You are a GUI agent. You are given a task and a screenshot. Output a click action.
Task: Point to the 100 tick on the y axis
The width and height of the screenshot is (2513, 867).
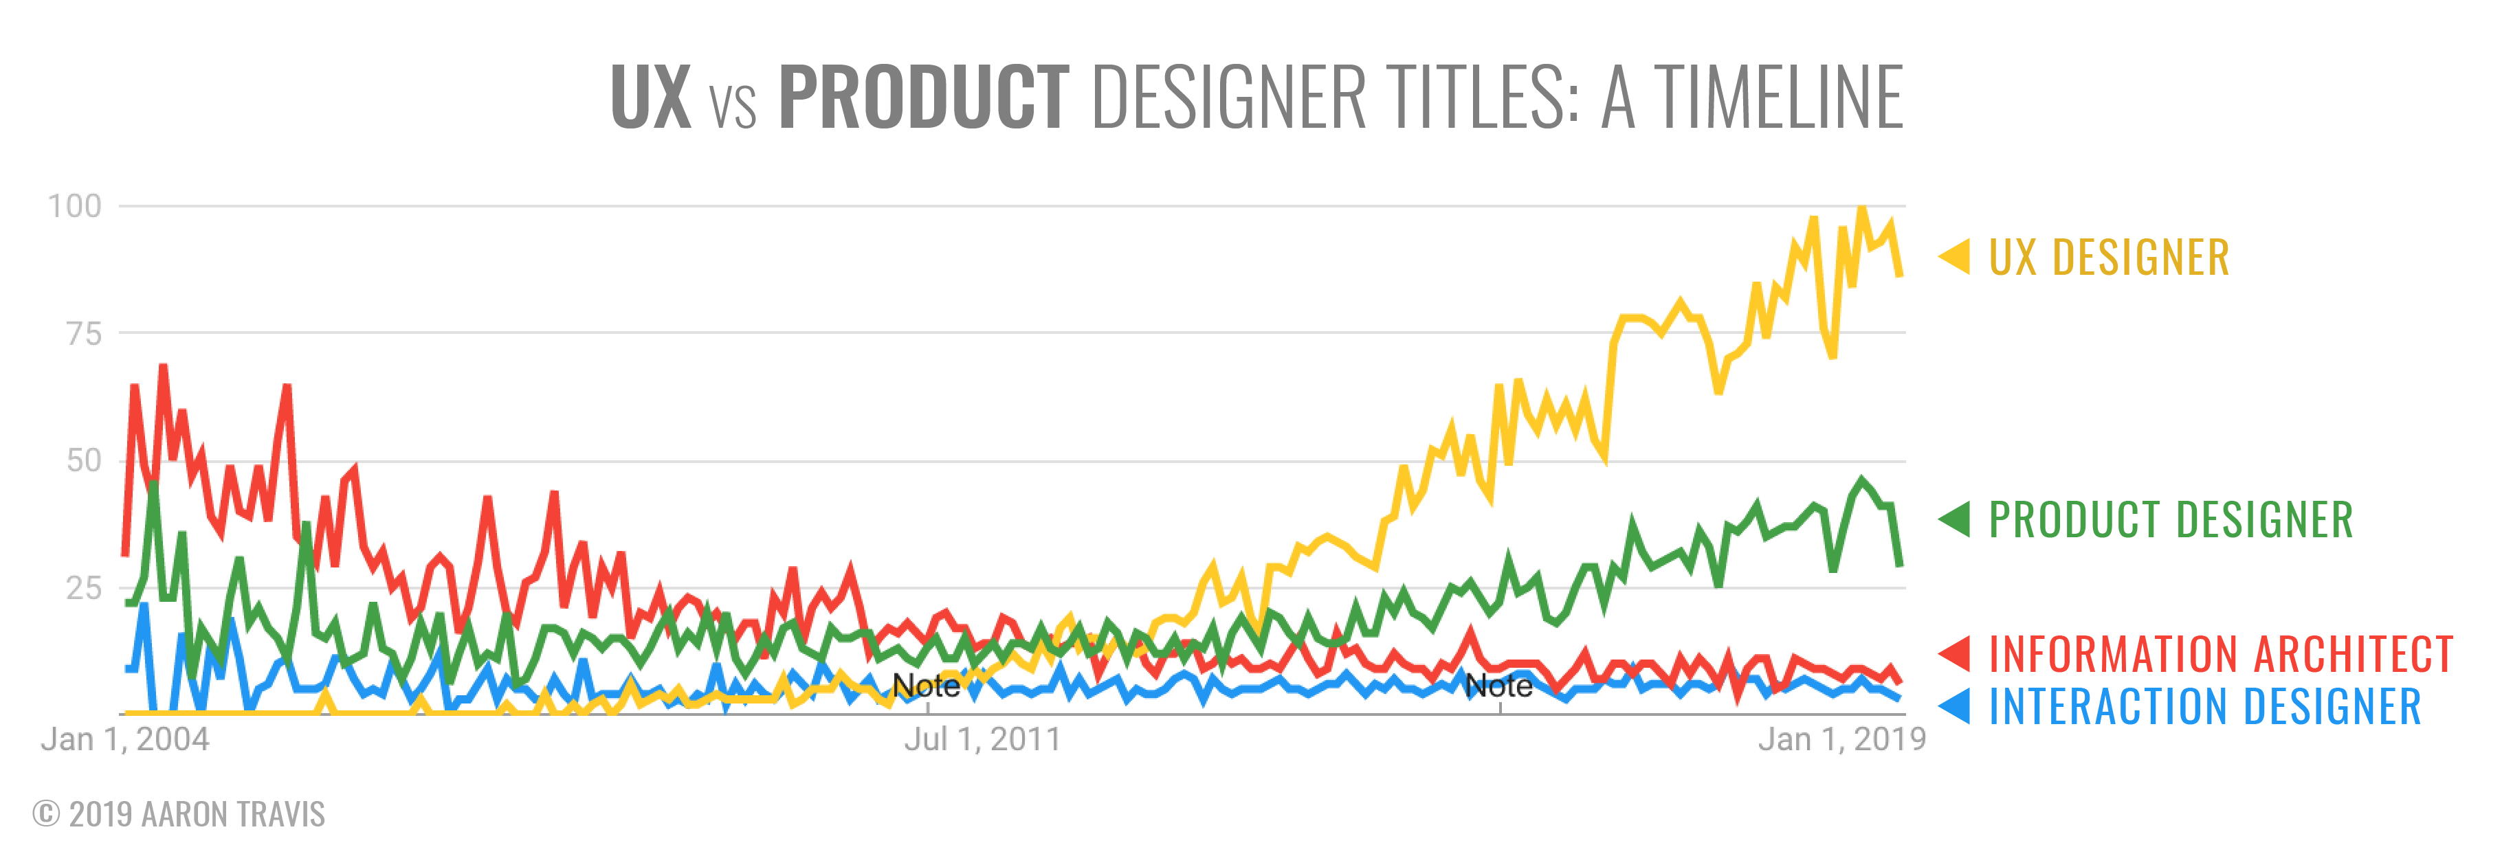coord(74,206)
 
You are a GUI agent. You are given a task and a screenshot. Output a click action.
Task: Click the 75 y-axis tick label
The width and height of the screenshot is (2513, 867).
coord(84,335)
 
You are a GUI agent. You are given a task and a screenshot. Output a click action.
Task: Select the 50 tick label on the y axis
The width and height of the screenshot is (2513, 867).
coord(84,460)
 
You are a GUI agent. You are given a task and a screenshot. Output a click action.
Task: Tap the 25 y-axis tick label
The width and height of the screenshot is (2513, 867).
coord(84,588)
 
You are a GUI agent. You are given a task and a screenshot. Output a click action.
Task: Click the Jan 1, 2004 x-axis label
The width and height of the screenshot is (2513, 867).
coord(125,739)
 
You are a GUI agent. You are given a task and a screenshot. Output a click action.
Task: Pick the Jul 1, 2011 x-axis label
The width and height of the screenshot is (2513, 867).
coord(982,739)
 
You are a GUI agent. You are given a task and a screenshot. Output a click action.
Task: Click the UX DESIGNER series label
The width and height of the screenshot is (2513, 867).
coord(2109,258)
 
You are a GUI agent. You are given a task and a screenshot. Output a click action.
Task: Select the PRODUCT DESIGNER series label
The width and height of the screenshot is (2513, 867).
coord(2171,520)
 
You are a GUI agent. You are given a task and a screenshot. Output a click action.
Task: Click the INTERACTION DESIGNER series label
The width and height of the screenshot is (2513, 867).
coord(2205,707)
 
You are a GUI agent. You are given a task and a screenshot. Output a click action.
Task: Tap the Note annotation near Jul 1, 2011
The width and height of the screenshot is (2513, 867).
coord(926,686)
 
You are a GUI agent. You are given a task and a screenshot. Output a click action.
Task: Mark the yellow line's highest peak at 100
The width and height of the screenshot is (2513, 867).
coord(1862,207)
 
